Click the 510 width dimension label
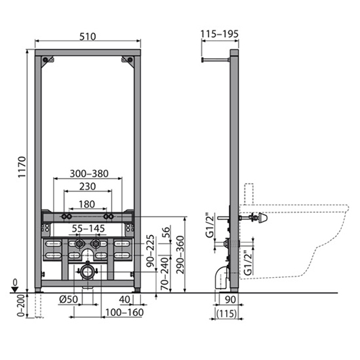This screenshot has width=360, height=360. click(x=88, y=37)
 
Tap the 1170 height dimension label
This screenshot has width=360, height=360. click(x=22, y=167)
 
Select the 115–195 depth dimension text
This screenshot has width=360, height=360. click(x=219, y=34)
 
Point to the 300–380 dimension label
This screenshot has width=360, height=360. click(x=89, y=174)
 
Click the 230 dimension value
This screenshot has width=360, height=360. click(x=88, y=186)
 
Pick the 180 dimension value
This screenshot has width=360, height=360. click(x=87, y=204)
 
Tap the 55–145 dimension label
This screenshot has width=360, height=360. click(x=88, y=228)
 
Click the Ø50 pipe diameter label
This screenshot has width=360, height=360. click(x=69, y=299)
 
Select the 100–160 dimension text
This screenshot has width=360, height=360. click(x=124, y=312)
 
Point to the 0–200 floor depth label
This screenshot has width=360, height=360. click(x=21, y=306)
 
